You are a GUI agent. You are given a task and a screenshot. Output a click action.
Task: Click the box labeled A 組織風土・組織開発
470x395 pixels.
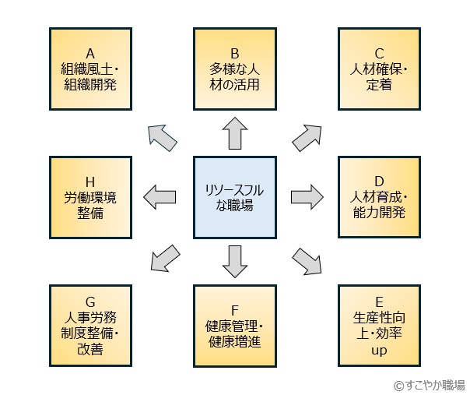pyautogui.click(x=90, y=69)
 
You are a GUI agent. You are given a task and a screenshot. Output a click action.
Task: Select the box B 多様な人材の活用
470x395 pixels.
pyautogui.click(x=234, y=69)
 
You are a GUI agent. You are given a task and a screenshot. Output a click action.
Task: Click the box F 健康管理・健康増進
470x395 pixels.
pyautogui.click(x=234, y=325)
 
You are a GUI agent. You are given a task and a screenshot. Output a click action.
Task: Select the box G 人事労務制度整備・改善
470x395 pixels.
pyautogui.click(x=90, y=325)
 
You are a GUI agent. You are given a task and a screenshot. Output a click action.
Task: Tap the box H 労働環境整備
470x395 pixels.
pyautogui.click(x=90, y=197)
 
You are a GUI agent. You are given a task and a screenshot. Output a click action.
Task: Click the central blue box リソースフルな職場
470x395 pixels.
pyautogui.click(x=234, y=197)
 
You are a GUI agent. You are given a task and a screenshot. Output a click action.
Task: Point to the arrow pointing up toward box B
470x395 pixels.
pyautogui.click(x=234, y=133)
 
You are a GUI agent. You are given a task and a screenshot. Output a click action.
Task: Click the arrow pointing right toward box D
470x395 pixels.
pyautogui.click(x=306, y=195)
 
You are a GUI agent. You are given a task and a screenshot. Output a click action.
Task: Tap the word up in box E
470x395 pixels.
pyautogui.click(x=379, y=351)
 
